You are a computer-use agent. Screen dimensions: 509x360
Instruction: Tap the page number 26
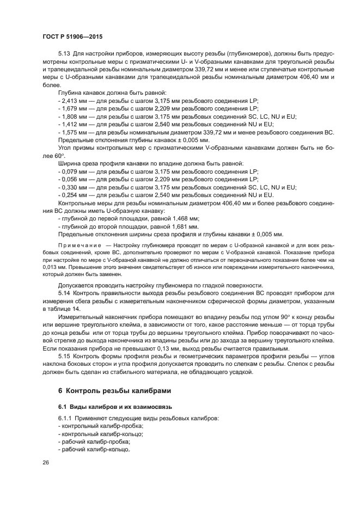point(45,462)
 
